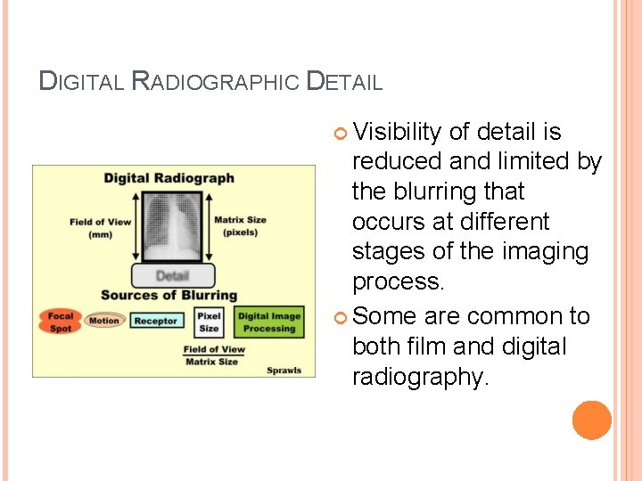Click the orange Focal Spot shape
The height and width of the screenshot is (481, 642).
pos(60,322)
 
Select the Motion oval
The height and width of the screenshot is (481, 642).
pos(103,321)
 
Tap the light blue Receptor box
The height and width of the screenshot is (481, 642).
pos(155,321)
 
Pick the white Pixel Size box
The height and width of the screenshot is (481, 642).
pos(210,322)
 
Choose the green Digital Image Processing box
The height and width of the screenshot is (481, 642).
pos(269,322)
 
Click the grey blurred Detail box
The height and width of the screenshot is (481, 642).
pos(173,275)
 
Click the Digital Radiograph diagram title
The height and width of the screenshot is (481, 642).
pos(169,178)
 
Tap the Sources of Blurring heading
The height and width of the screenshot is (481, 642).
pos(169,295)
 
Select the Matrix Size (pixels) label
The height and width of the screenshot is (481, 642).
pos(240,226)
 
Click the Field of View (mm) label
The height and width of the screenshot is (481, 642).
pos(100,227)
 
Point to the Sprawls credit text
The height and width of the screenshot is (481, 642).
pos(284,370)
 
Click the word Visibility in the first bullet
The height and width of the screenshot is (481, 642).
pos(397,133)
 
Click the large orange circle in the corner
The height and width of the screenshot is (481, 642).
pos(592,420)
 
